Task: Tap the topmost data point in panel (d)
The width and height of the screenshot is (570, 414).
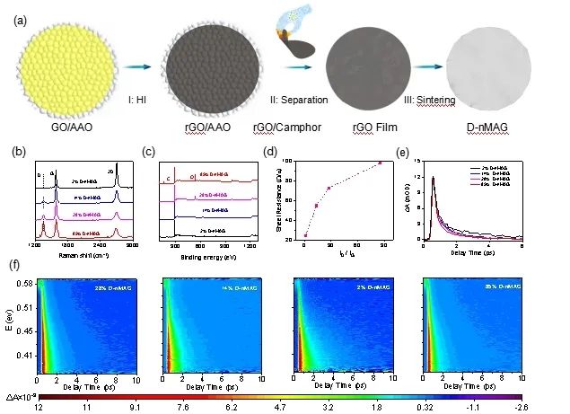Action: point(380,163)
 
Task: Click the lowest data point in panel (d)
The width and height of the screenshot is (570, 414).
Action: point(306,235)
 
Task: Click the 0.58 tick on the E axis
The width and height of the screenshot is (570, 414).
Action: point(25,284)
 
